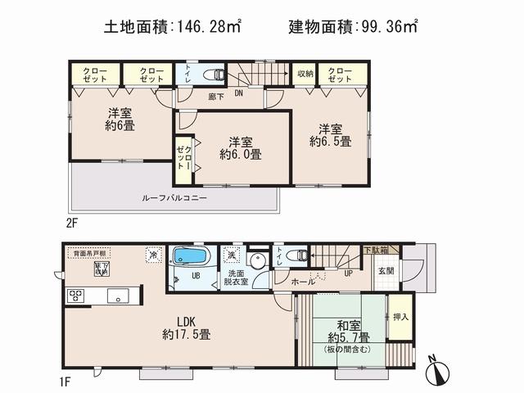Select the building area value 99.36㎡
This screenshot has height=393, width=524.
click(x=386, y=27)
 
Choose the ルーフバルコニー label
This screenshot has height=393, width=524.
click(x=174, y=199)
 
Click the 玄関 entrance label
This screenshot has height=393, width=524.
click(x=386, y=270)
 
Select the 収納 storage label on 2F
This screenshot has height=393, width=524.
click(x=305, y=74)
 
